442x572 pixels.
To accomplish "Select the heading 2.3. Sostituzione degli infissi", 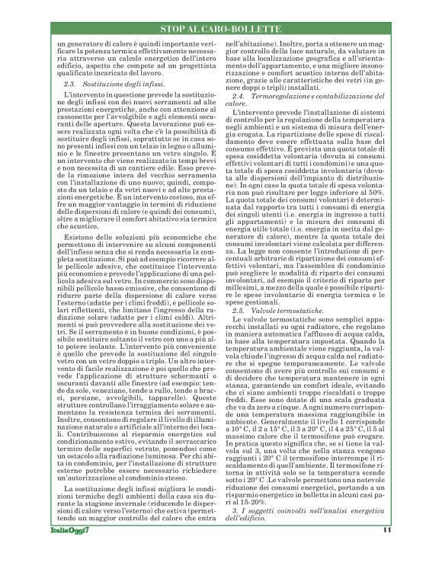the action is pyautogui.click(x=114, y=81).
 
